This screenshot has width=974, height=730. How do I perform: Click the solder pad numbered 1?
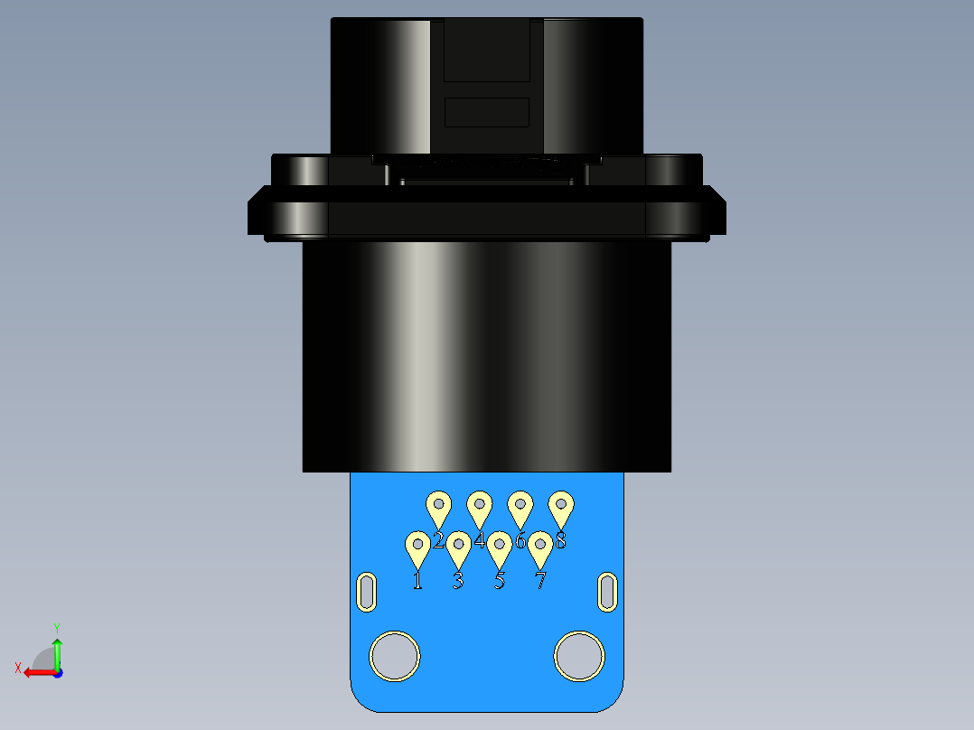(x=417, y=547)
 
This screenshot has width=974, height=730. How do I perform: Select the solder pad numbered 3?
(x=458, y=547)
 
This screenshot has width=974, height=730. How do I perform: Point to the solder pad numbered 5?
(x=500, y=547)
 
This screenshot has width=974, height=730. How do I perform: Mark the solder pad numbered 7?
(x=540, y=547)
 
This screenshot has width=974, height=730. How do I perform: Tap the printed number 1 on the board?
(x=417, y=580)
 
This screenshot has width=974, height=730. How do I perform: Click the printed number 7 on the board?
(x=540, y=580)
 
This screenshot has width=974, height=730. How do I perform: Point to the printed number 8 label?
(x=561, y=540)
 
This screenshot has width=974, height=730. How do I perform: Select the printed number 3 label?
(x=458, y=580)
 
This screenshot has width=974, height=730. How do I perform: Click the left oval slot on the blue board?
(x=367, y=592)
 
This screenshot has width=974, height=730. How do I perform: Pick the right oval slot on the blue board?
(x=608, y=592)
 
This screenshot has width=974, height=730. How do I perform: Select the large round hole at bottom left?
(x=395, y=655)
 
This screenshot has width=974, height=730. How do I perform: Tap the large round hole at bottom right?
(x=579, y=655)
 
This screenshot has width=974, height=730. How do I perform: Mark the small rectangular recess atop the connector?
(x=487, y=112)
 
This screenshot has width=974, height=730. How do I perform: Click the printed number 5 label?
(x=500, y=580)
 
